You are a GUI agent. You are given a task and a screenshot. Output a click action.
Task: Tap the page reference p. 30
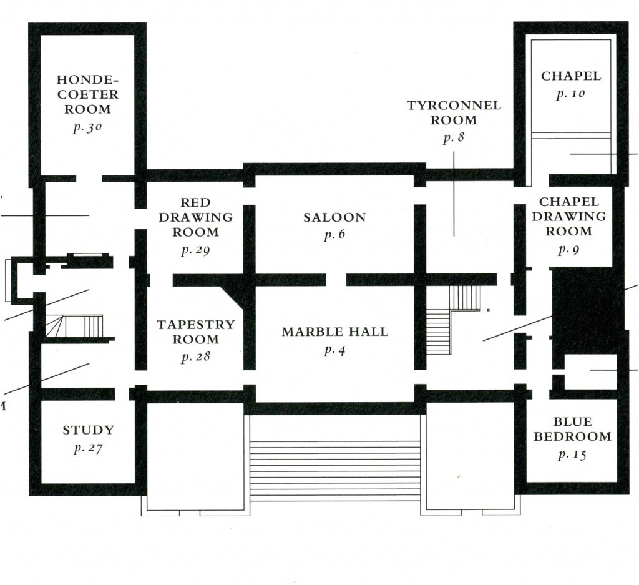click(x=87, y=127)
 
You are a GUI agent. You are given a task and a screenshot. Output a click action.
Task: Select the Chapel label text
click(x=571, y=76)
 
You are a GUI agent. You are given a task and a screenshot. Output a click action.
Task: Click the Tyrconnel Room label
click(x=454, y=112)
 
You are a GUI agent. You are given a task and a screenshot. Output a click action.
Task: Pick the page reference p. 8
click(x=454, y=139)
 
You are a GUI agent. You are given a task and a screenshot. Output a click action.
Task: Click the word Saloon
click(x=334, y=217)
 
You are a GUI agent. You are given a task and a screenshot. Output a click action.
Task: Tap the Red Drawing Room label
click(x=195, y=217)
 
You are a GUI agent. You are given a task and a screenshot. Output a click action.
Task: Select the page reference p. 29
click(x=195, y=251)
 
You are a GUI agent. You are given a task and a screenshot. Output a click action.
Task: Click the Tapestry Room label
click(x=195, y=332)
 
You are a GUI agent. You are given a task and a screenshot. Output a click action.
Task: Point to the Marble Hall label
click(x=334, y=332)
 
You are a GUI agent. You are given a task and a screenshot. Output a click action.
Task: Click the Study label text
click(x=88, y=430)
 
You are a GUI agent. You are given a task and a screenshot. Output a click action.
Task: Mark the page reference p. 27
click(x=88, y=448)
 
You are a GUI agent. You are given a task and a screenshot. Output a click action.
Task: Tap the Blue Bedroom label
click(x=572, y=430)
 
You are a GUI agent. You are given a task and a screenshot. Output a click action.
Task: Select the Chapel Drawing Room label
click(x=572, y=217)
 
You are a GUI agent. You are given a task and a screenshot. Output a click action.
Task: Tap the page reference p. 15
click(x=572, y=455)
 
